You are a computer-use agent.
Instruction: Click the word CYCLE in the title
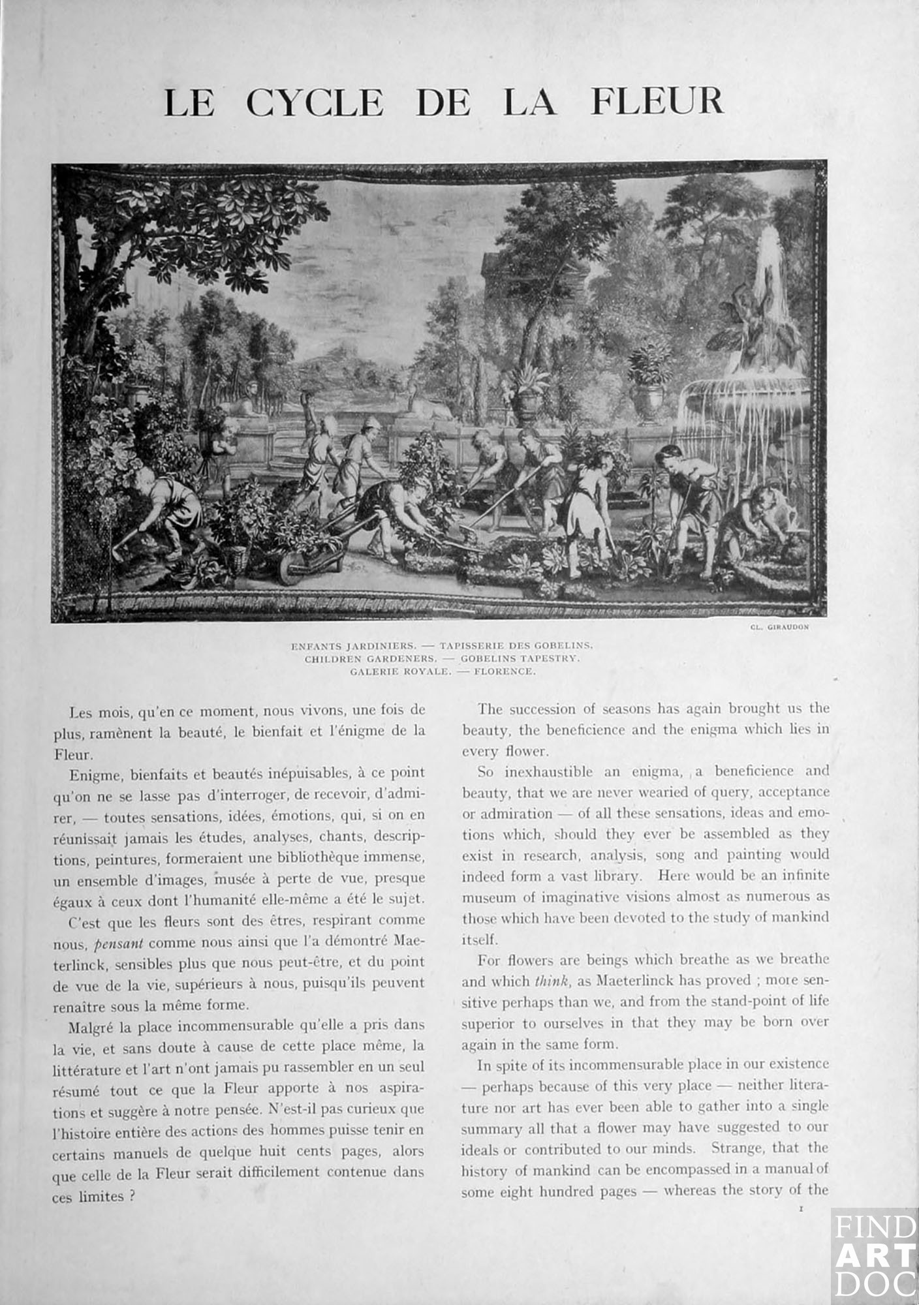[x=315, y=102]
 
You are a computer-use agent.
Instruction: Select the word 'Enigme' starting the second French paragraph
[x=88, y=774]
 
